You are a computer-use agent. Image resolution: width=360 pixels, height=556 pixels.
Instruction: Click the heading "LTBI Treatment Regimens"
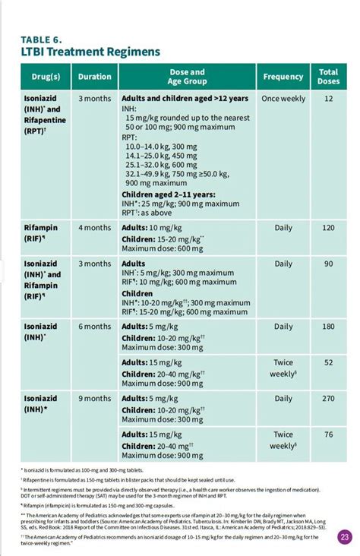pyautogui.click(x=90, y=52)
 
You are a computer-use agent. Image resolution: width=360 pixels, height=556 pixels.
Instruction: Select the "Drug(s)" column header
pyautogui.click(x=46, y=77)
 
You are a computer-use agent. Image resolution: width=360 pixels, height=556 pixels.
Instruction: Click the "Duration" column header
pyautogui.click(x=95, y=77)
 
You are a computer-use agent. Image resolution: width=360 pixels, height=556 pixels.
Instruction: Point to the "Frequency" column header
pyautogui.click(x=283, y=77)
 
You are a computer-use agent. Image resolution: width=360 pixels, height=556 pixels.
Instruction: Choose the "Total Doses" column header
pyautogui.click(x=328, y=77)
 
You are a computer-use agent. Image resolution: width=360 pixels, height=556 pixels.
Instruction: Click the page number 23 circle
pyautogui.click(x=345, y=537)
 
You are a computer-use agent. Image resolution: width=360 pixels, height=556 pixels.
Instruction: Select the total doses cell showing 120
pyautogui.click(x=328, y=227)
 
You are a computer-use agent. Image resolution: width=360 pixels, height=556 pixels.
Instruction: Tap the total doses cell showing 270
pyautogui.click(x=328, y=398)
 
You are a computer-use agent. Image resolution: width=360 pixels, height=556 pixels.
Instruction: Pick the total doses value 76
pyautogui.click(x=328, y=434)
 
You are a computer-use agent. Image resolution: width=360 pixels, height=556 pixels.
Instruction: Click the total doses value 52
pyautogui.click(x=328, y=362)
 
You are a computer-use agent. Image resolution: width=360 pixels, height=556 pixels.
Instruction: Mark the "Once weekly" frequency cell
pyautogui.click(x=283, y=99)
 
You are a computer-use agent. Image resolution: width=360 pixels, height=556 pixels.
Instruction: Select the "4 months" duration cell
pyautogui.click(x=95, y=227)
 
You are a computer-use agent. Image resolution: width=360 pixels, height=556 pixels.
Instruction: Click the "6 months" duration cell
pyautogui.click(x=95, y=326)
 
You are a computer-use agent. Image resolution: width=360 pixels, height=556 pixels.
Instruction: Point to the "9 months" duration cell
pyautogui.click(x=95, y=398)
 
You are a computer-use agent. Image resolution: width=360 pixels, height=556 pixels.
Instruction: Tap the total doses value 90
pyautogui.click(x=328, y=264)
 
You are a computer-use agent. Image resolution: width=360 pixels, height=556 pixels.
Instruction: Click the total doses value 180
pyautogui.click(x=328, y=326)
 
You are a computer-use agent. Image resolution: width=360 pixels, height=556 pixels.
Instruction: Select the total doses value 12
pyautogui.click(x=328, y=99)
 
